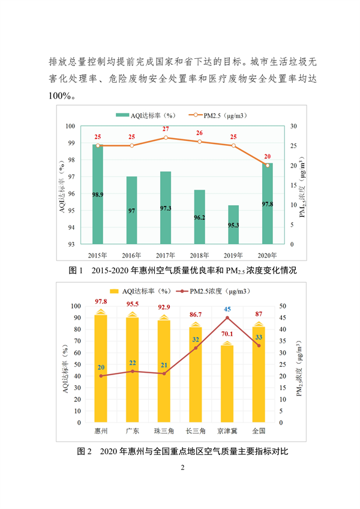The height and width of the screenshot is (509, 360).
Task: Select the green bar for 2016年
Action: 131,210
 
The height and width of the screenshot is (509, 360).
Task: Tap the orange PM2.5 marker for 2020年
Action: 268,165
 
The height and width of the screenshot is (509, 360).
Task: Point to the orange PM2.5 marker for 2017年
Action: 166,137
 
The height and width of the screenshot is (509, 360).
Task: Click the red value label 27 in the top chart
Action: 166,129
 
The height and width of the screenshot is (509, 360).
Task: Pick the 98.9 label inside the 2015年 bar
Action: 97,195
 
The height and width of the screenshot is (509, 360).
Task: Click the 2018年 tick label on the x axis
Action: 199,254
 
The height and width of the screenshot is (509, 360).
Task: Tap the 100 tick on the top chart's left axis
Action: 70,126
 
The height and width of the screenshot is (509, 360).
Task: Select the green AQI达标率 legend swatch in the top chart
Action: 122,114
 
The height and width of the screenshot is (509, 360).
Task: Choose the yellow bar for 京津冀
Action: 227,384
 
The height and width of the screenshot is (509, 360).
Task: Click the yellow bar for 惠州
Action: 101,368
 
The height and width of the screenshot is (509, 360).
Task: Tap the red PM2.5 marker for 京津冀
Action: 227,318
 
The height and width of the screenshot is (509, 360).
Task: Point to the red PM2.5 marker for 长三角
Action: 195,348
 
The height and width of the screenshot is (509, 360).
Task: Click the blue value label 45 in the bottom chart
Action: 227,309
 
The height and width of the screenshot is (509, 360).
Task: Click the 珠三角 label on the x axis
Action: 164,431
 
